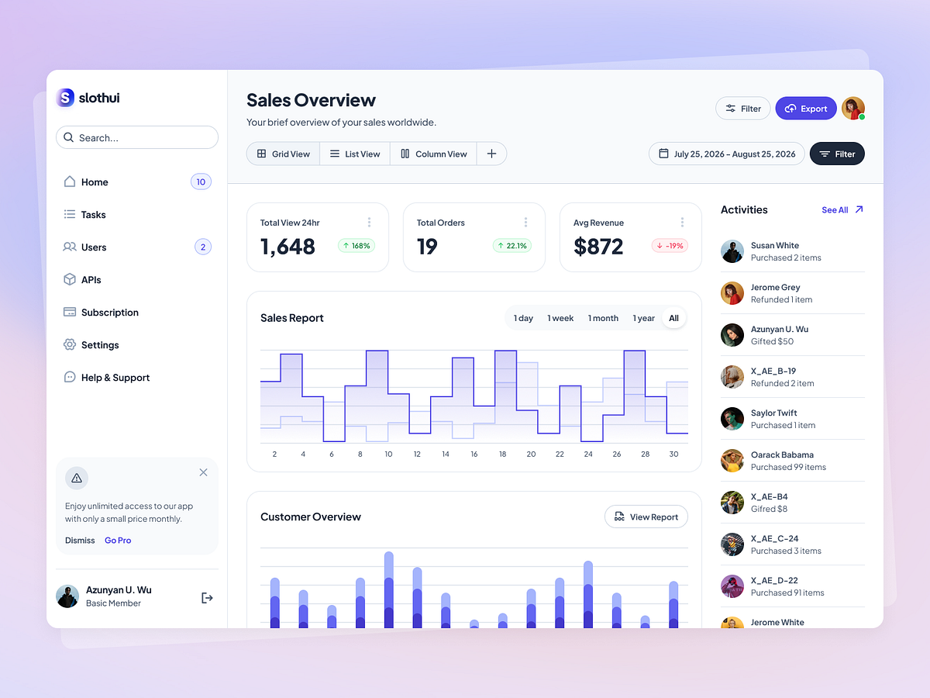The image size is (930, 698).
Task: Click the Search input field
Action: (x=137, y=137)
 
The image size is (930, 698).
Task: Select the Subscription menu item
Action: (x=109, y=313)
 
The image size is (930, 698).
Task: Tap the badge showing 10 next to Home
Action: (x=201, y=182)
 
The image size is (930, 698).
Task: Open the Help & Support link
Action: (x=115, y=378)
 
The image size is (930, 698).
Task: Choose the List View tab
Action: (x=355, y=154)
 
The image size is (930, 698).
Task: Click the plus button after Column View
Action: (x=491, y=154)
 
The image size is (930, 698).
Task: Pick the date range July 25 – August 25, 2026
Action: (x=726, y=154)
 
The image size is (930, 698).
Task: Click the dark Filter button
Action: (x=837, y=154)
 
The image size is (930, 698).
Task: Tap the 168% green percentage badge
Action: (x=356, y=246)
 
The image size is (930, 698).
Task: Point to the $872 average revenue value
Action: (x=598, y=247)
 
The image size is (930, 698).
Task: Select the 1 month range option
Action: (x=603, y=318)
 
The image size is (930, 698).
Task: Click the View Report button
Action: (x=646, y=517)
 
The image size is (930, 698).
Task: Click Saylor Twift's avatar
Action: (x=732, y=419)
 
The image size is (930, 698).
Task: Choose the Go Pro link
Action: (x=118, y=541)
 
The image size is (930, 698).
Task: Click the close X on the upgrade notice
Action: (x=203, y=472)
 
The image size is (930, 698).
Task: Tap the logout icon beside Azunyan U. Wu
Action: (x=207, y=597)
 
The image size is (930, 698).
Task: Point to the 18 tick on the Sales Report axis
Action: (x=502, y=454)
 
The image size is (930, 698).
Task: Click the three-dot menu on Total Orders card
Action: (x=525, y=223)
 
